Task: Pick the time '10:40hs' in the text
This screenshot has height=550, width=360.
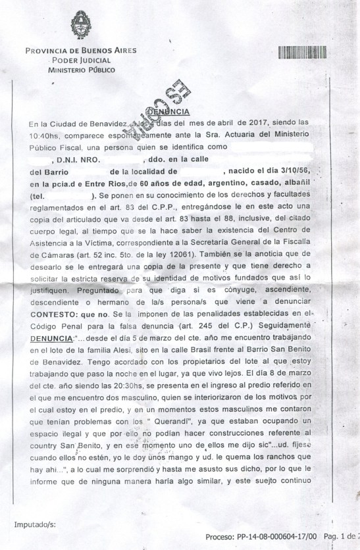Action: pos(44,134)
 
